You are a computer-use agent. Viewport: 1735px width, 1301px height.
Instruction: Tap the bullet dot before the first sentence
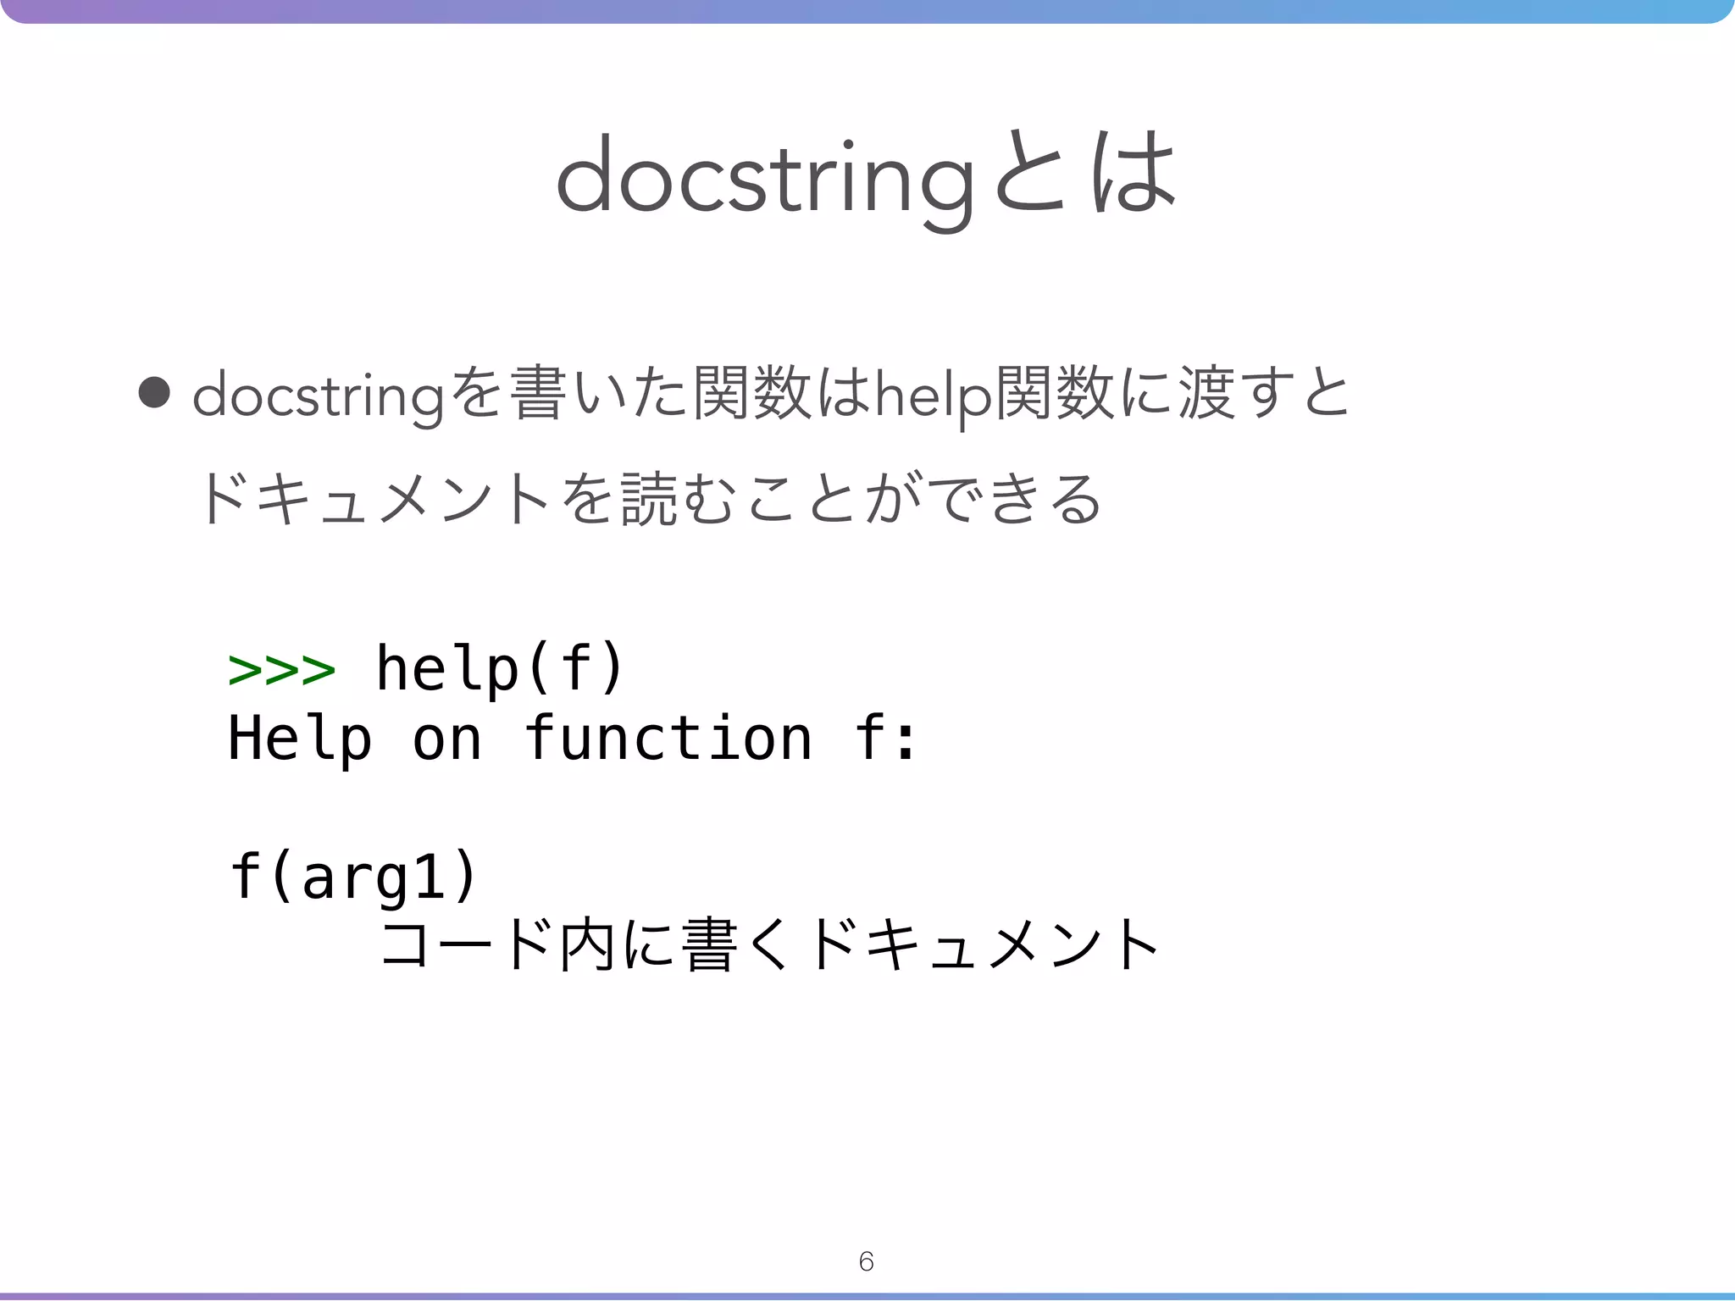154,393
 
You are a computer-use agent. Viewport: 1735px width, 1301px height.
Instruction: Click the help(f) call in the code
500,669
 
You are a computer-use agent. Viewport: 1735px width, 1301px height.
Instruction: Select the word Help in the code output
300,739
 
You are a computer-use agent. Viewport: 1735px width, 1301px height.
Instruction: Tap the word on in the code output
447,739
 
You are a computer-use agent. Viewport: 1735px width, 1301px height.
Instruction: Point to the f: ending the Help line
885,739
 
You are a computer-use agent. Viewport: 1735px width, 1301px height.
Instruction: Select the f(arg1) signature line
354,876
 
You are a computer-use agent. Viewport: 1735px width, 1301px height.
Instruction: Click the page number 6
866,1261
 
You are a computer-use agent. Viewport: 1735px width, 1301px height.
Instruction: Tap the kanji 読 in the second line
649,500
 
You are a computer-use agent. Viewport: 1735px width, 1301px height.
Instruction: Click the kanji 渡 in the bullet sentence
1206,395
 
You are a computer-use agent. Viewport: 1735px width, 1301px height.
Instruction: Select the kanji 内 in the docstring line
586,944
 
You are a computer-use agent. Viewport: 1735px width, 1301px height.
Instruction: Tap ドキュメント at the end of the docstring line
983,944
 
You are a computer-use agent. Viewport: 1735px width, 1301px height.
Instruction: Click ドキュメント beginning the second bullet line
373,500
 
